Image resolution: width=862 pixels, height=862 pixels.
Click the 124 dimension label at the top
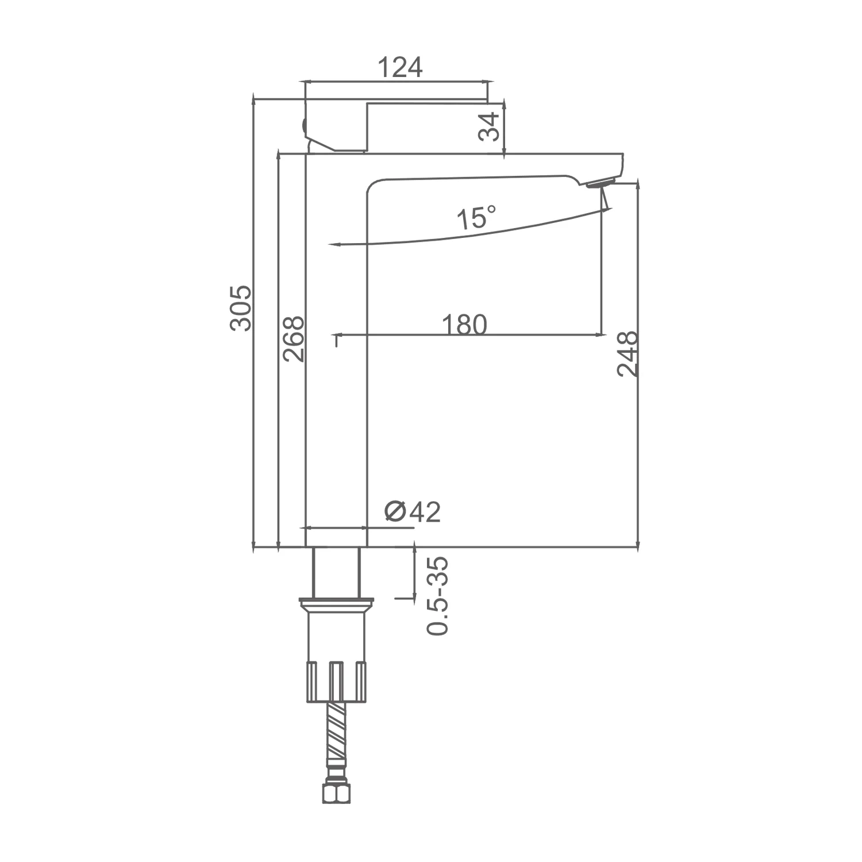tap(400, 68)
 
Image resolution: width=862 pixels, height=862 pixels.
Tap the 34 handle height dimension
tap(489, 126)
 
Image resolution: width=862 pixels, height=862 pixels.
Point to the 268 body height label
tap(293, 338)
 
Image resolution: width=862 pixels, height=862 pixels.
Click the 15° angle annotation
tap(476, 218)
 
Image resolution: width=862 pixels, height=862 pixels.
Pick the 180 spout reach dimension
tap(464, 325)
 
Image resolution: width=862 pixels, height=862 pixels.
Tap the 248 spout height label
tap(628, 353)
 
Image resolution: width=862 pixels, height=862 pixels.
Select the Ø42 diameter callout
tap(412, 511)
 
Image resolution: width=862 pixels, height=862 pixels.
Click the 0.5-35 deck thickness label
tap(438, 596)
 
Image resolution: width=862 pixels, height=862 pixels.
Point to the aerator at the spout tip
tap(600, 183)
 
